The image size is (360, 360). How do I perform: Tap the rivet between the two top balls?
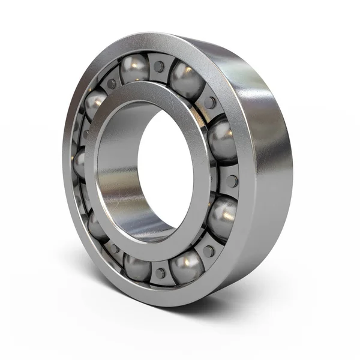(x=158, y=66)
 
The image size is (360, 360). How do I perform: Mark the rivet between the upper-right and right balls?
(x=210, y=103)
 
